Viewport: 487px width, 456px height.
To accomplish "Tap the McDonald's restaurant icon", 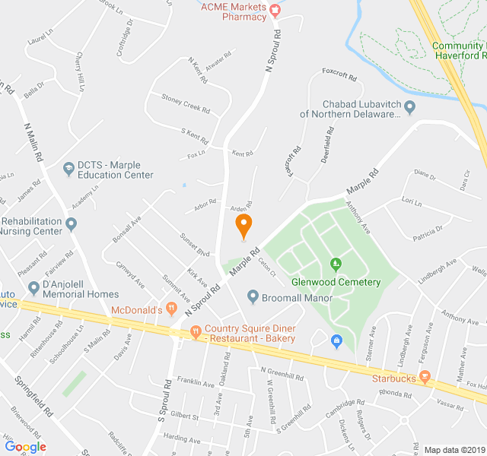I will coord(172,309).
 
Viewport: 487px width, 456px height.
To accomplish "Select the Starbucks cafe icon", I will coord(425,377).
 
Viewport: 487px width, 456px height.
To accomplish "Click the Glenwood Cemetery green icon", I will coord(336,264).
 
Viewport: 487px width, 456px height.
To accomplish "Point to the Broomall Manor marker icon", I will coord(253,297).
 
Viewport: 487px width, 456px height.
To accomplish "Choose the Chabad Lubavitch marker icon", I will coord(409,107).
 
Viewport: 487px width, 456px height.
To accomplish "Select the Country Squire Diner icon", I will coord(196,331).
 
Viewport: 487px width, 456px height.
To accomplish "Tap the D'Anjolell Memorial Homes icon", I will coord(33,288).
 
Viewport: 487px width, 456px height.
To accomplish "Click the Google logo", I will coord(25,447).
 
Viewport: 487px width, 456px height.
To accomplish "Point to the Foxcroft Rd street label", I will coord(339,76).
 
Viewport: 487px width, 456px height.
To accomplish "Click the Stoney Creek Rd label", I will coord(185,103).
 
